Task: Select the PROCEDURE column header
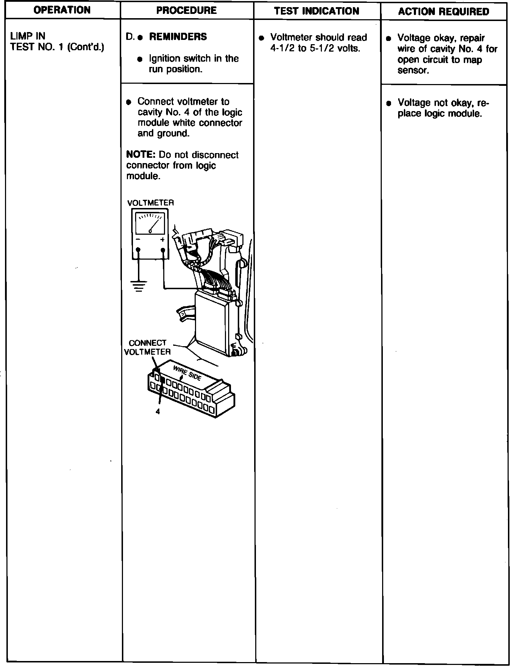pos(186,10)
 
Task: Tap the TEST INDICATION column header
pos(317,11)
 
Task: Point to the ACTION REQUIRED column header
pos(443,12)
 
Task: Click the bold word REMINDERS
pos(178,37)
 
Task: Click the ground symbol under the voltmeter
pos(138,285)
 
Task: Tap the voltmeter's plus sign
pos(163,240)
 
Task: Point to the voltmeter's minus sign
pos(138,240)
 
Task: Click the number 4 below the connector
pos(158,411)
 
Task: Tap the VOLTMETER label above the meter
pos(150,203)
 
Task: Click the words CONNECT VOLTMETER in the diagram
pos(147,347)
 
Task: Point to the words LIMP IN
pos(28,36)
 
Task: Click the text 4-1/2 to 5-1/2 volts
pos(315,48)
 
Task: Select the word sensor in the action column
pos(413,70)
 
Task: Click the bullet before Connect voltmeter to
pos(129,102)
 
